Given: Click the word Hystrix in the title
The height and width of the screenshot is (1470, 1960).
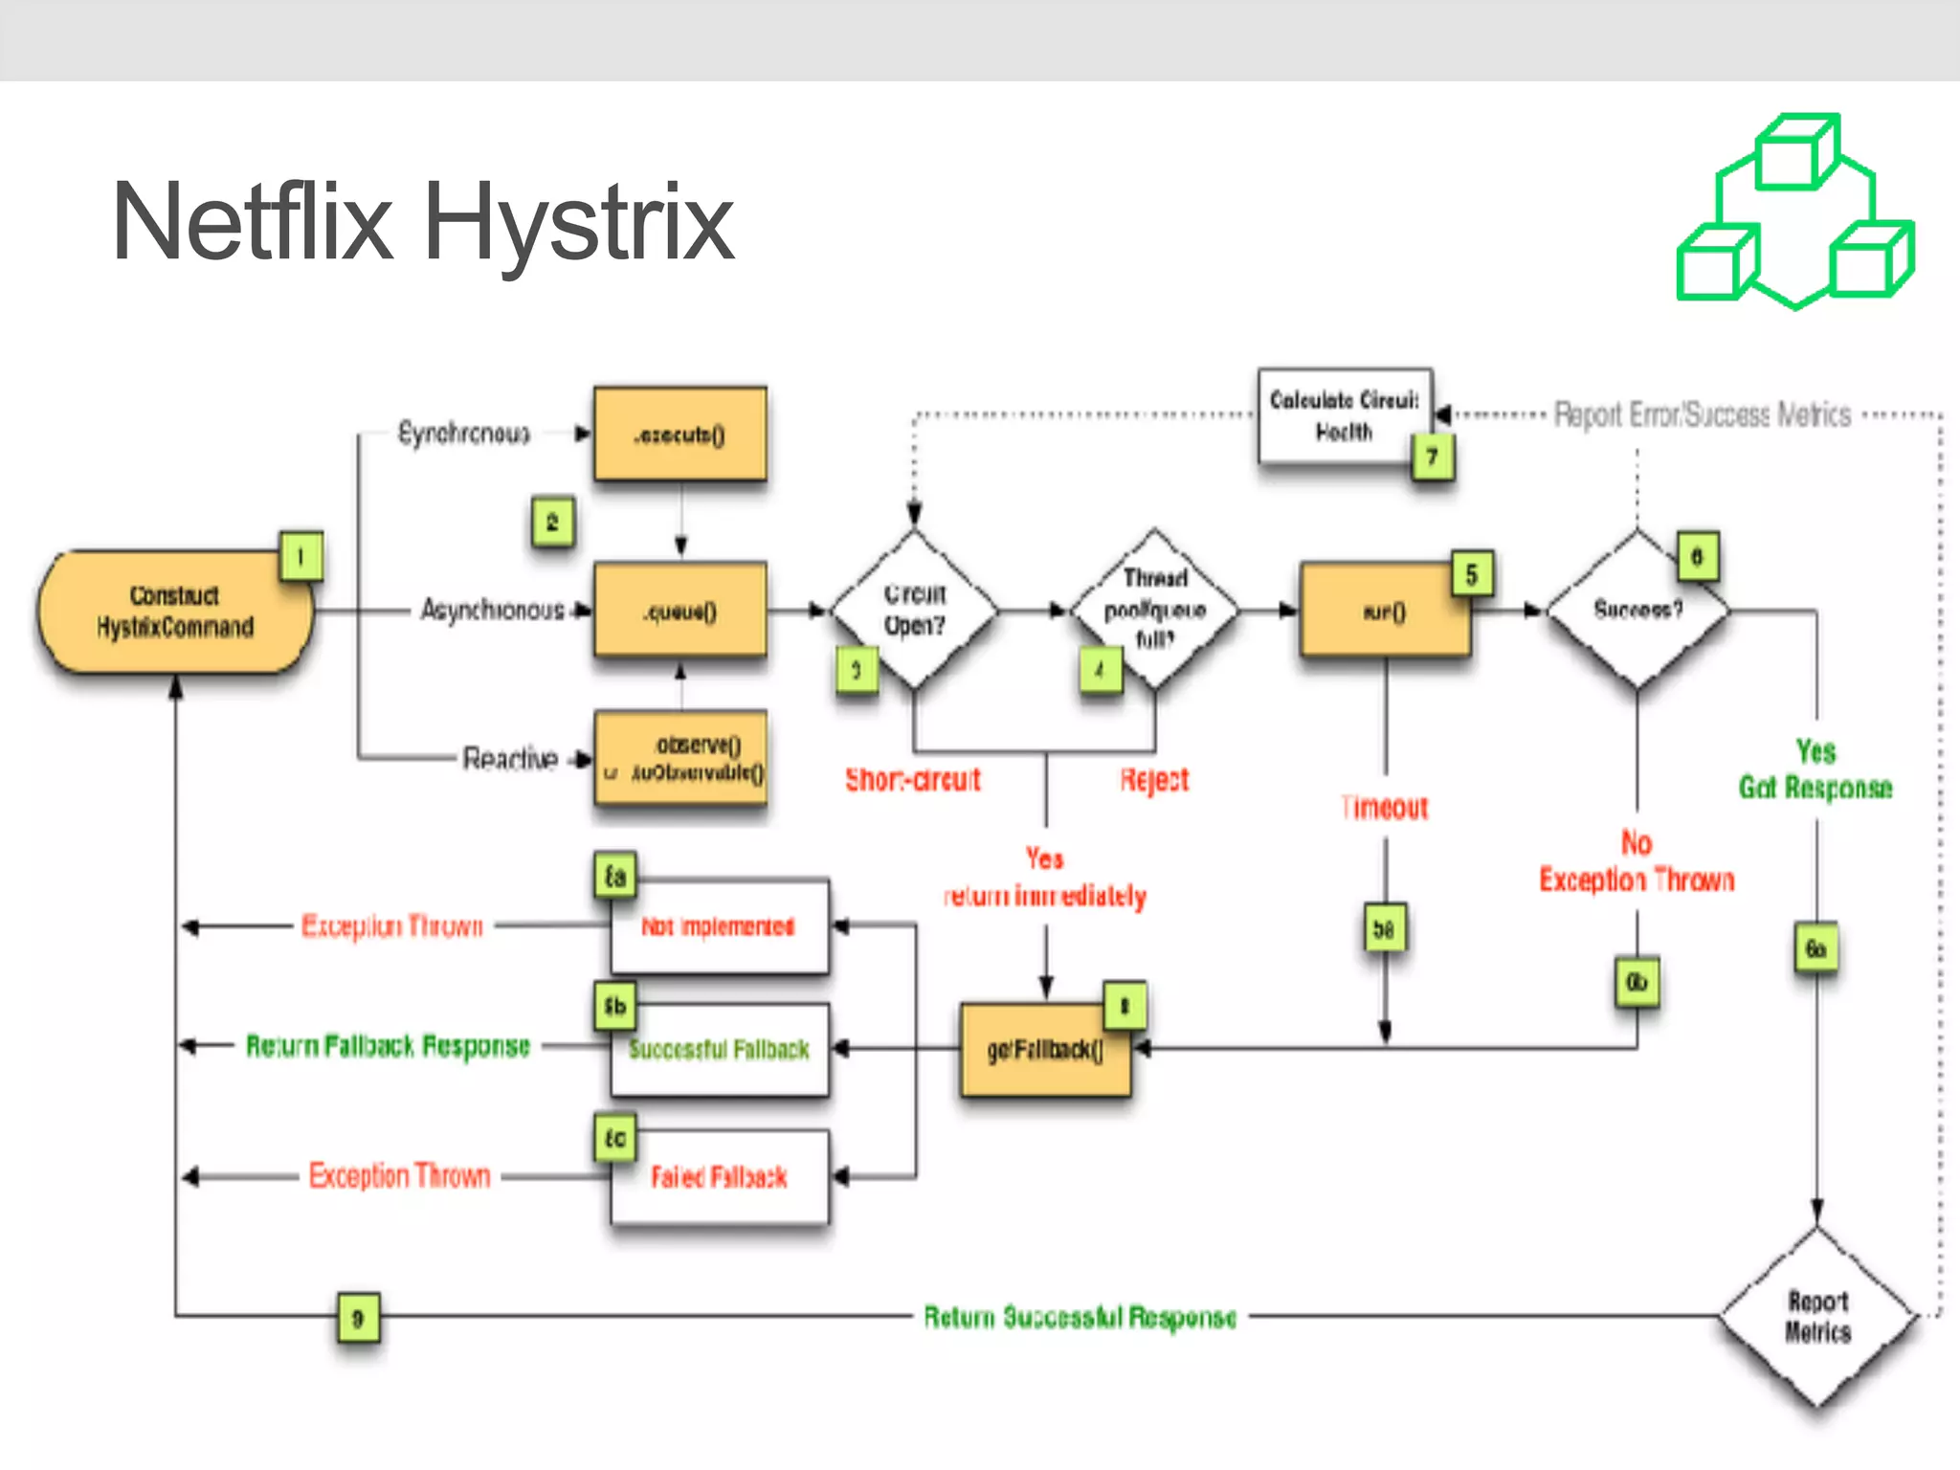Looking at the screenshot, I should tap(578, 224).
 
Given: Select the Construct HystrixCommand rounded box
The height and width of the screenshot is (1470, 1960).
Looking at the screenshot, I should tap(174, 612).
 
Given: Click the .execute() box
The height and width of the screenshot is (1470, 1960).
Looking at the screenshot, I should tap(679, 434).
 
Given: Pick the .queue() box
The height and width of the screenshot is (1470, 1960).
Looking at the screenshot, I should tap(679, 611).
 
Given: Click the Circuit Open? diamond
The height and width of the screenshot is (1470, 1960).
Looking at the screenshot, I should tap(914, 610).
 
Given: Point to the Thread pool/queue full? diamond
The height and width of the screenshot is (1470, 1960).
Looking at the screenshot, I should tap(1154, 609).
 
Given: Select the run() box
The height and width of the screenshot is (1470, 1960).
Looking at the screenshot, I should tap(1384, 611).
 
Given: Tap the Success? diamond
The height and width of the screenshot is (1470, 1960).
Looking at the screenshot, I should tap(1637, 610).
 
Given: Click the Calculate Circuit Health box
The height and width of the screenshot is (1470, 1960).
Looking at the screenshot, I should tap(1344, 415).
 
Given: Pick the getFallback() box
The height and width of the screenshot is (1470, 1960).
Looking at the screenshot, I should tap(1045, 1050).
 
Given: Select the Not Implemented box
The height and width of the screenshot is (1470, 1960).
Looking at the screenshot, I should tap(720, 926).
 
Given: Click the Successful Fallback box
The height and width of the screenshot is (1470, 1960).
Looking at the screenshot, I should tap(720, 1050).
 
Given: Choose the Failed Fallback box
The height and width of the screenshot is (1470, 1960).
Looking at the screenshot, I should tap(720, 1177).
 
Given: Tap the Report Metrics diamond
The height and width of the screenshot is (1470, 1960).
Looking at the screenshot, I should tap(1816, 1317).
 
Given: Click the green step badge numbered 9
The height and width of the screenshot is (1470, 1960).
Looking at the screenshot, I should tap(358, 1318).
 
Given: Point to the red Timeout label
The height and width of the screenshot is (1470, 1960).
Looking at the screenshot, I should tap(1384, 809).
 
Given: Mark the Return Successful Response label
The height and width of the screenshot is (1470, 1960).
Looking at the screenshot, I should tap(1080, 1318).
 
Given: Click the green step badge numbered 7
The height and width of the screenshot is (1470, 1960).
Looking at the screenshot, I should tap(1432, 457).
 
